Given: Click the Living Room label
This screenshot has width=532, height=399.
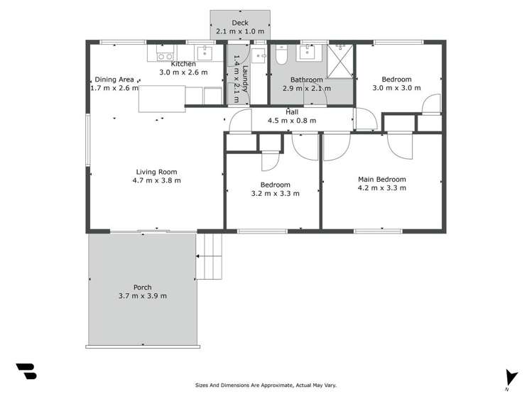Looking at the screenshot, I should [156, 172].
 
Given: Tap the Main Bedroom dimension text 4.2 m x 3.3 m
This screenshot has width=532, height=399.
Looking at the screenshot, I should [382, 188].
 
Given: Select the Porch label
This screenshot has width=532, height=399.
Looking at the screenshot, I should [142, 288].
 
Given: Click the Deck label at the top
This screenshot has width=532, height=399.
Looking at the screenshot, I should [239, 23].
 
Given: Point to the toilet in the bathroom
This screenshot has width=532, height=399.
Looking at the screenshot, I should [281, 54].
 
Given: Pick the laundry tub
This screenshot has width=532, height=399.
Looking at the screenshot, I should [258, 55].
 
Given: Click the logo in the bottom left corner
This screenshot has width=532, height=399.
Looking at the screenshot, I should [26, 371].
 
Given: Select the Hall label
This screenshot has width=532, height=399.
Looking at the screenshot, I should [292, 112].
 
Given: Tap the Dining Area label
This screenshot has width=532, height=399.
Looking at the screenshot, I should [114, 80].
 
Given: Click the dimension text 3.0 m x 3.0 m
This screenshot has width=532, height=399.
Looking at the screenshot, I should [396, 88].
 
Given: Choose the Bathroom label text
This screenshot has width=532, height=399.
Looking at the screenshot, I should [307, 80].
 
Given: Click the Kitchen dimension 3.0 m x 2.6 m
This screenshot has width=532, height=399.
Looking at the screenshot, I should [183, 72].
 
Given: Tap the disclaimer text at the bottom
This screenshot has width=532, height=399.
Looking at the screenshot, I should [266, 386].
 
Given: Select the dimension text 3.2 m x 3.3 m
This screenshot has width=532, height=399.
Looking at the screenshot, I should [275, 193].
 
